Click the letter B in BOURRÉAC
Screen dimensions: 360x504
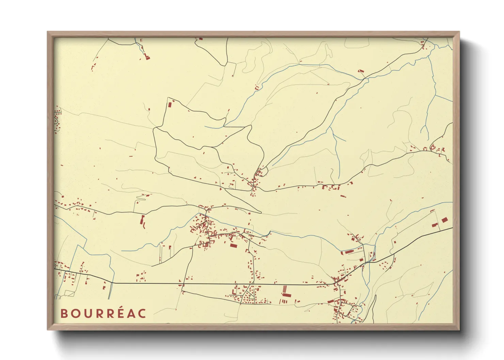[x=63, y=313]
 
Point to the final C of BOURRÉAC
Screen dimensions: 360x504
[x=142, y=313]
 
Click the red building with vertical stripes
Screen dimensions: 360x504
[x=285, y=291]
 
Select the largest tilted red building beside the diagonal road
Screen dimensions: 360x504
[x=444, y=220]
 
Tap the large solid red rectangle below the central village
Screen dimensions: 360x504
[x=233, y=245]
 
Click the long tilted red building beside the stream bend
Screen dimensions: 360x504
[x=349, y=252]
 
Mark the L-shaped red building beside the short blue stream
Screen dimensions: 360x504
[x=361, y=71]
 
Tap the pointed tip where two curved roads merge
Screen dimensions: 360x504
[x=261, y=213]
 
